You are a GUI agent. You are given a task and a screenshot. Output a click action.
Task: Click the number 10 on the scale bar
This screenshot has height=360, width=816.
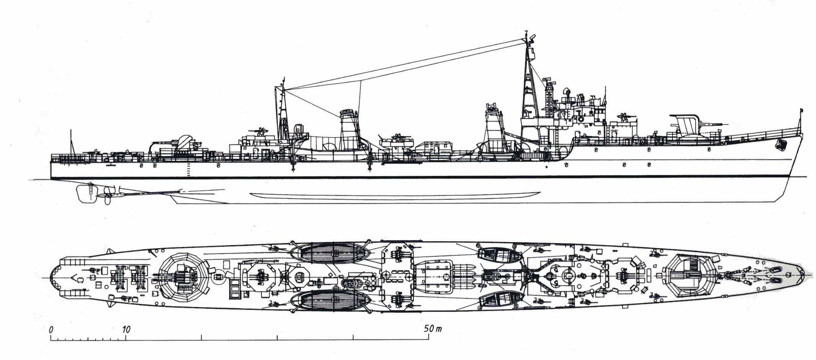126,329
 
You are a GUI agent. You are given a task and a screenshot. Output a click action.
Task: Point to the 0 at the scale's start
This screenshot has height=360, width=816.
51,329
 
